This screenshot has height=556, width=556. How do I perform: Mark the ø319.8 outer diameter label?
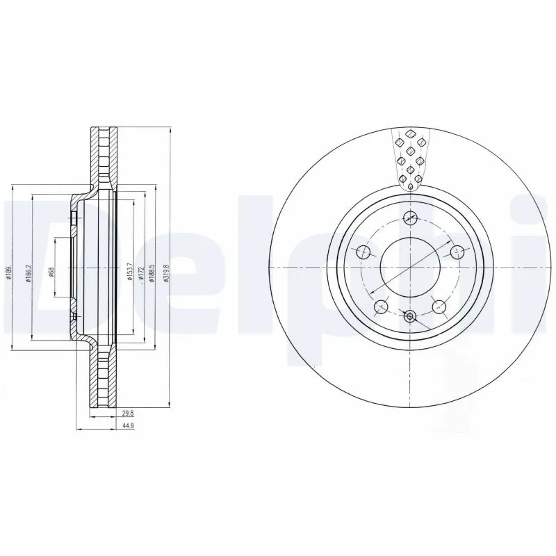[x=165, y=270]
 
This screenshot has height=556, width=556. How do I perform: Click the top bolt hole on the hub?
[x=410, y=218]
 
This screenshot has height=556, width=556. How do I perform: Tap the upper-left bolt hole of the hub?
[x=362, y=252]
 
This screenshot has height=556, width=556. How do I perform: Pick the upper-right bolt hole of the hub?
[x=457, y=252]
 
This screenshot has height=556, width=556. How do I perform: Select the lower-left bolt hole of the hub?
[x=380, y=306]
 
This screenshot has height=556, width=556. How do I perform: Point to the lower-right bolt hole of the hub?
[x=439, y=306]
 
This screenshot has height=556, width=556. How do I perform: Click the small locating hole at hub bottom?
[x=410, y=318]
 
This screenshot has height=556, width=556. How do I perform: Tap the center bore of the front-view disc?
[x=410, y=268]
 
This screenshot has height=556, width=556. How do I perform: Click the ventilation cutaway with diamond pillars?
[x=410, y=158]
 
